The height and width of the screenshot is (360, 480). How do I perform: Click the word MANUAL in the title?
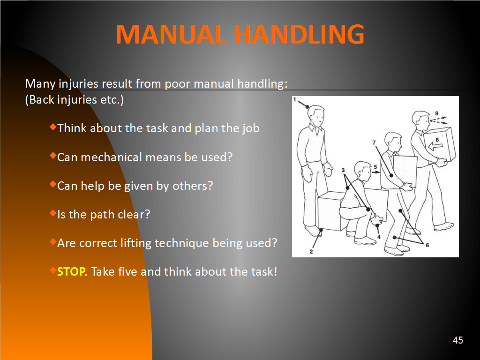pyautogui.click(x=171, y=34)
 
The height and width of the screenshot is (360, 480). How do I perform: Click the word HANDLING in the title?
pyautogui.click(x=299, y=34)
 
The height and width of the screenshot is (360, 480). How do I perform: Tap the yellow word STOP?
pyautogui.click(x=71, y=271)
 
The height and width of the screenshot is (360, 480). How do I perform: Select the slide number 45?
pyautogui.click(x=457, y=340)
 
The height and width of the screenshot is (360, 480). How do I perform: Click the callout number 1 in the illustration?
pyautogui.click(x=295, y=99)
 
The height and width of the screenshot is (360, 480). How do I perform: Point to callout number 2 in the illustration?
pyautogui.click(x=311, y=252)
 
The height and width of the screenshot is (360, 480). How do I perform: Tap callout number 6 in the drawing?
pyautogui.click(x=427, y=245)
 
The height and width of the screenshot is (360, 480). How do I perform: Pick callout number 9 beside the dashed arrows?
pyautogui.click(x=436, y=113)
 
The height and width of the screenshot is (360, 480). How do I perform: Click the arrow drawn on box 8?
pyautogui.click(x=435, y=147)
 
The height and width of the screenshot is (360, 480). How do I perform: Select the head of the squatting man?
pyautogui.click(x=363, y=172)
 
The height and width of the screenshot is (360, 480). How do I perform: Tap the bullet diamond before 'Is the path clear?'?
pyautogui.click(x=53, y=213)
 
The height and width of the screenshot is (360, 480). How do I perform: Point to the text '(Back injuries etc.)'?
pyautogui.click(x=75, y=100)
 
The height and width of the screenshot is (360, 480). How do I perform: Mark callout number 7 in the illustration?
pyautogui.click(x=374, y=142)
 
